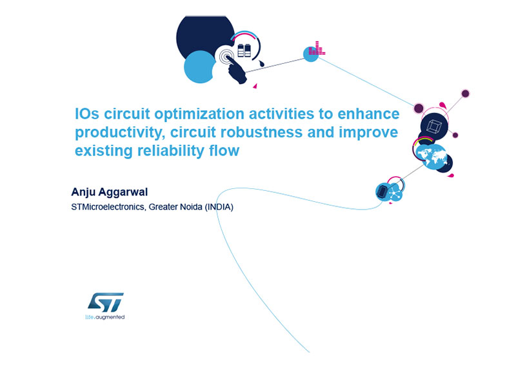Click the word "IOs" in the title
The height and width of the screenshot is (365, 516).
(x=87, y=113)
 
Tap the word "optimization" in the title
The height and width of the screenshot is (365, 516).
(x=199, y=115)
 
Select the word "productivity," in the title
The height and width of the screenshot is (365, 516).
(x=120, y=133)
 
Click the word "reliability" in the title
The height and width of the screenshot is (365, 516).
(x=171, y=151)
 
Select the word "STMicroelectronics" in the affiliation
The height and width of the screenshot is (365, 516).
(x=108, y=207)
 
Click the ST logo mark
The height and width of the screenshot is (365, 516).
(x=106, y=302)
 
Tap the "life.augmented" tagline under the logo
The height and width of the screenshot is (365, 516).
(x=105, y=317)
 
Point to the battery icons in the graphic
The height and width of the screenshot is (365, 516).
(x=244, y=50)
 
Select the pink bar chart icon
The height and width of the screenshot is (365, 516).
(x=317, y=48)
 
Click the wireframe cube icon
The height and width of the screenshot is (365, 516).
(x=433, y=126)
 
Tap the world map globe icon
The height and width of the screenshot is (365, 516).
(x=431, y=156)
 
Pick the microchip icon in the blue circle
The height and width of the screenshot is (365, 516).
(x=382, y=191)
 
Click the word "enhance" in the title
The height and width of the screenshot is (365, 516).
(x=368, y=114)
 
